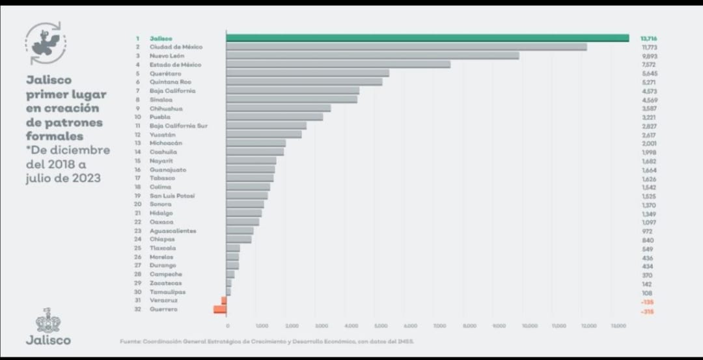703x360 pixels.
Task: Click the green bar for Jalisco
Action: (x=427, y=38)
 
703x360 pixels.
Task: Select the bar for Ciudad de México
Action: (x=406, y=47)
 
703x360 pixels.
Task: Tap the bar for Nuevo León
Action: (x=372, y=56)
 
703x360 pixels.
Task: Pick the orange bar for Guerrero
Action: (x=220, y=310)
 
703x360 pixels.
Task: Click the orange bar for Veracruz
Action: (x=224, y=301)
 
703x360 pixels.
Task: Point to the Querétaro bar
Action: (x=307, y=73)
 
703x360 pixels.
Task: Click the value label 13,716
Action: (x=648, y=38)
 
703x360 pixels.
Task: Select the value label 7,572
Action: (x=648, y=64)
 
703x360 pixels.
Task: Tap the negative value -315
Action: (x=646, y=312)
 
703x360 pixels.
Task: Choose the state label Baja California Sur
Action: (x=178, y=126)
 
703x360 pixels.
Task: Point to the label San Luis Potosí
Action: (x=172, y=195)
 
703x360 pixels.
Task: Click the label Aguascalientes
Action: (x=172, y=230)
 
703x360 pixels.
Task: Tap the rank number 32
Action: (x=137, y=309)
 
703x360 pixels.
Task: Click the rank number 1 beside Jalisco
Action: (x=137, y=38)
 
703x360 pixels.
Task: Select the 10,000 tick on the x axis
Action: (x=529, y=325)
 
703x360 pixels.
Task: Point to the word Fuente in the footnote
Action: (x=129, y=341)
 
